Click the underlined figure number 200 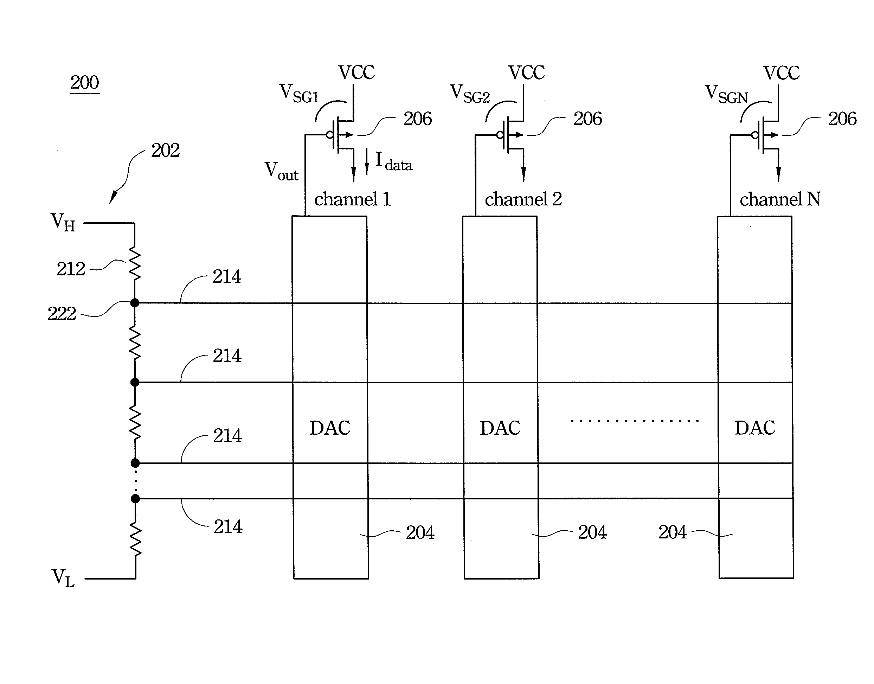pos(84,83)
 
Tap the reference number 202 pos(165,151)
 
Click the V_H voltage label pos(63,222)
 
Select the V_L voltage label pos(63,578)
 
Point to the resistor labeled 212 pos(135,263)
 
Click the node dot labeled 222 pos(135,303)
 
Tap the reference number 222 pos(62,314)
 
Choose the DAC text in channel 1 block pos(330,428)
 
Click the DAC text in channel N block pos(755,428)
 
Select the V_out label pos(281,171)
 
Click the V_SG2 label pos(470,94)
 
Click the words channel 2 pos(523,199)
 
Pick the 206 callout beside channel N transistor pos(842,119)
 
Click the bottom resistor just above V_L pos(135,539)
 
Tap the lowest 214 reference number pos(228,526)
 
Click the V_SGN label pos(726,95)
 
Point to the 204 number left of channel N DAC pos(673,532)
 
